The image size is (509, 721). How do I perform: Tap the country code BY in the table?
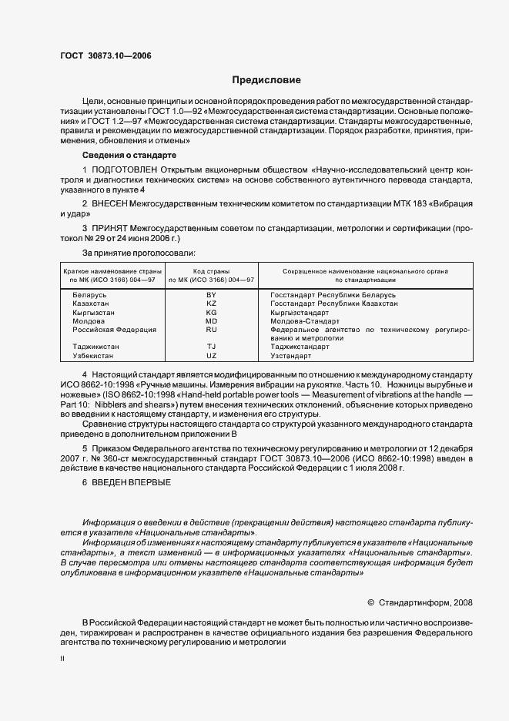tap(212, 296)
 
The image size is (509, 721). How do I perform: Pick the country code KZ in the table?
tap(212, 304)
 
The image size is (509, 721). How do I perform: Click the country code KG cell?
tap(212, 313)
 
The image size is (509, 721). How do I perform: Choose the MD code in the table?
tap(212, 321)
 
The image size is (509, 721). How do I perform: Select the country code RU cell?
tap(212, 330)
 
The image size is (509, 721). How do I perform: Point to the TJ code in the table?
tap(212, 347)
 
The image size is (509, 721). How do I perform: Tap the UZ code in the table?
tap(212, 356)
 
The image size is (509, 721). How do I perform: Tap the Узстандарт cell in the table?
tap(290, 356)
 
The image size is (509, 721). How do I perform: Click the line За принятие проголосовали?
tap(139, 252)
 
